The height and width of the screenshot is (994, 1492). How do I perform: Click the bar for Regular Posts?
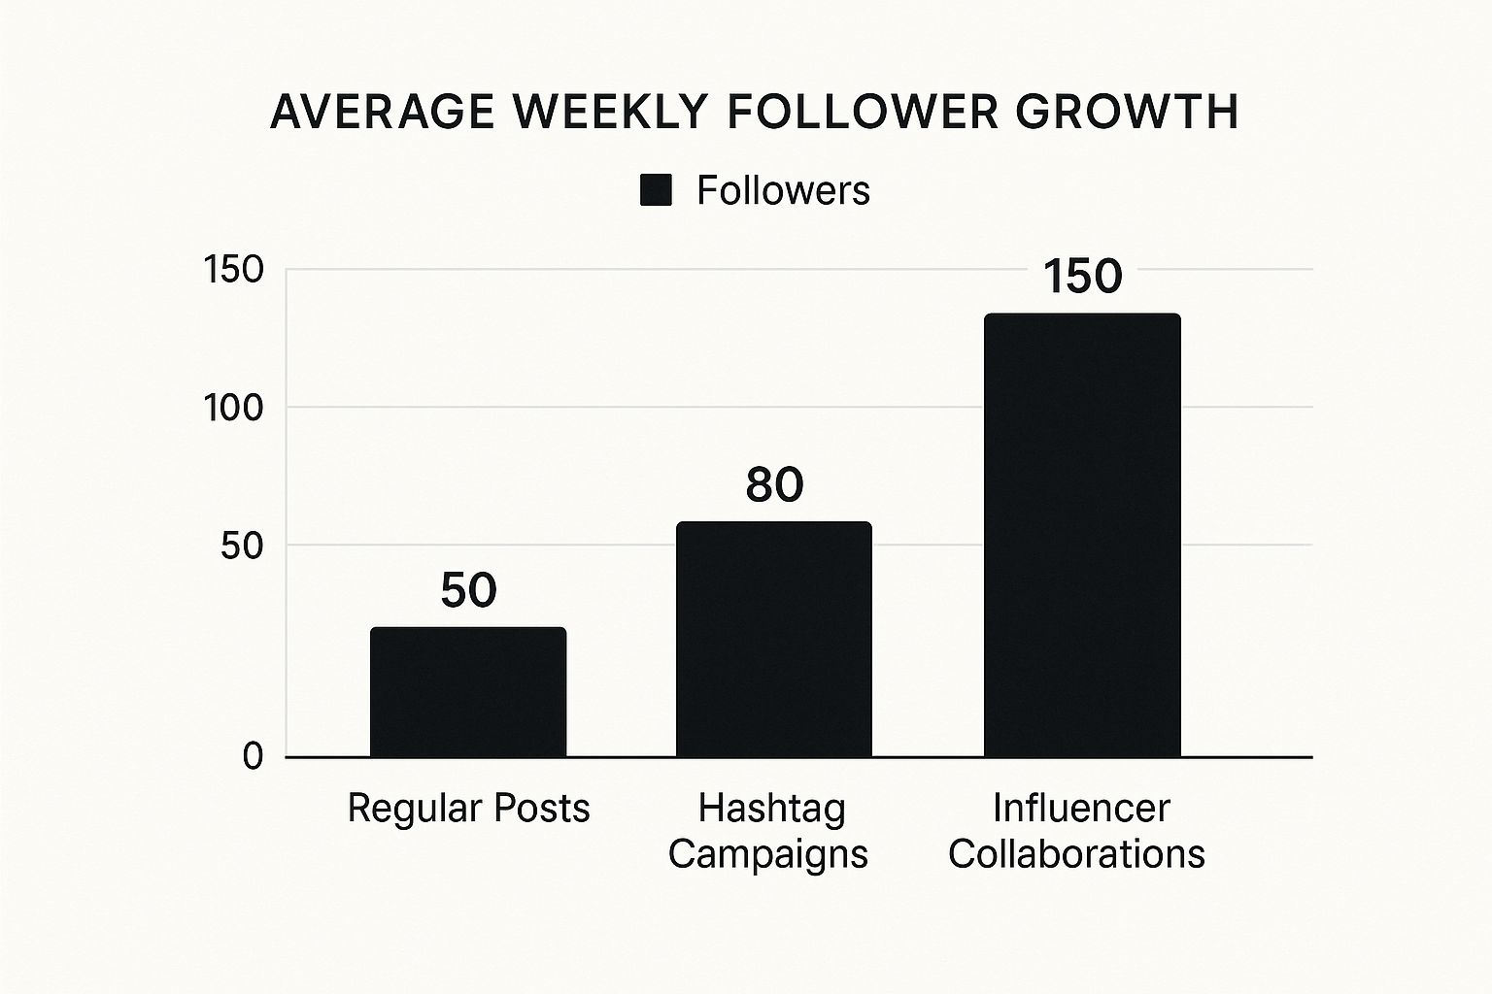(x=468, y=691)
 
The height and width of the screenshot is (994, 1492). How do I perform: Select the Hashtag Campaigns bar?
(x=773, y=639)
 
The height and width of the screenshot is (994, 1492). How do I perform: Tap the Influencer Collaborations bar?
(x=1082, y=535)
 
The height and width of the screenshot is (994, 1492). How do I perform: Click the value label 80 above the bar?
(x=774, y=484)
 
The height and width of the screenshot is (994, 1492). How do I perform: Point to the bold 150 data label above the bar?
(x=1082, y=276)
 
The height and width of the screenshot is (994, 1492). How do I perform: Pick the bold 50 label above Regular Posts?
(x=468, y=590)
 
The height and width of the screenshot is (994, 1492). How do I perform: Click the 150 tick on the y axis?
(x=234, y=270)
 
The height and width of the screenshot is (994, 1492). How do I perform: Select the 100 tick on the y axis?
(x=234, y=408)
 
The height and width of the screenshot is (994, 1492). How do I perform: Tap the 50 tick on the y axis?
(x=242, y=546)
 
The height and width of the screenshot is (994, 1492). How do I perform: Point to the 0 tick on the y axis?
(x=254, y=756)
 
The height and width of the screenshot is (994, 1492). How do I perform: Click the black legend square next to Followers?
(x=656, y=190)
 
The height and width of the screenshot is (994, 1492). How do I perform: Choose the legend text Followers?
(x=783, y=190)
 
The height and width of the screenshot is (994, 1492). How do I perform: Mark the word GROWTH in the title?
(x=1127, y=113)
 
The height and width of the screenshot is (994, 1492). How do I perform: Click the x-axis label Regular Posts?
(x=468, y=808)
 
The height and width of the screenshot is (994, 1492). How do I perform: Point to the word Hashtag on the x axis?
(x=772, y=808)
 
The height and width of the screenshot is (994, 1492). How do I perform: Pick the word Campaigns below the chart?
(x=768, y=854)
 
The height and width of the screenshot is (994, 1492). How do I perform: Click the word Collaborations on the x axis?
(x=1076, y=854)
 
